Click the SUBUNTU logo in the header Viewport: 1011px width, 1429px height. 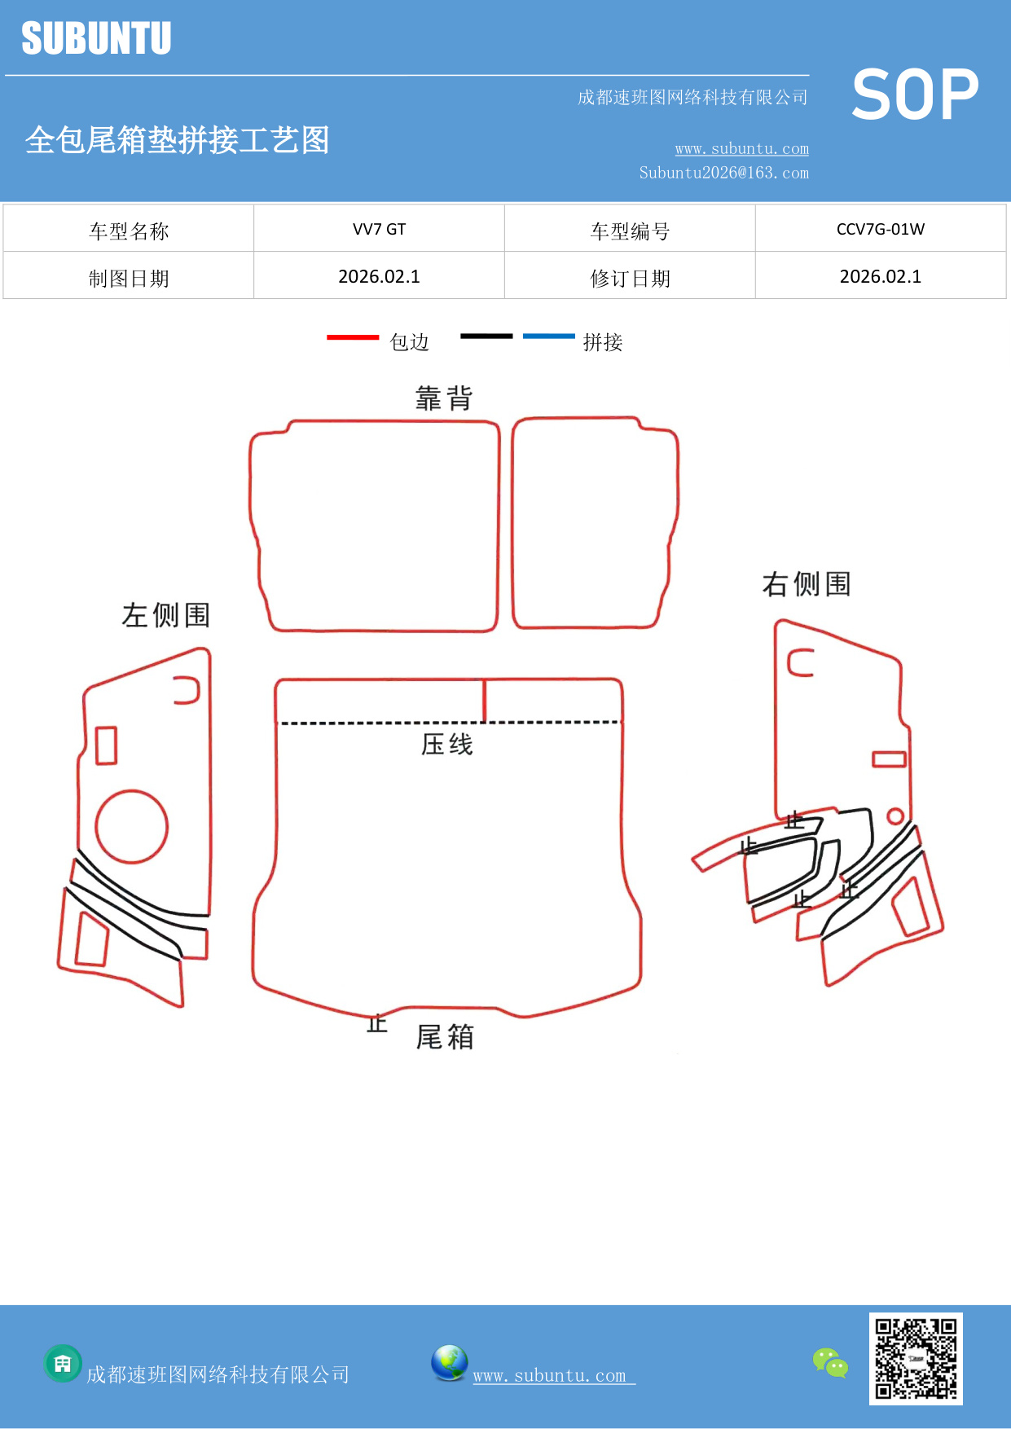pos(96,38)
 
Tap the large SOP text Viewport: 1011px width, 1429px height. pos(915,95)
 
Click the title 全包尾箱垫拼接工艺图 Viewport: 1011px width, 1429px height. pos(177,140)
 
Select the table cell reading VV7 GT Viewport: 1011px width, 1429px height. pos(379,229)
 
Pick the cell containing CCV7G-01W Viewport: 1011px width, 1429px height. pos(880,229)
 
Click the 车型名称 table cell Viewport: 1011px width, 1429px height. pos(129,231)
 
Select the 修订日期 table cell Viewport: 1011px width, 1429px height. pos(630,279)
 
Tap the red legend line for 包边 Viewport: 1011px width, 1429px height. pos(353,336)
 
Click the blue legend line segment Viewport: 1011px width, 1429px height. pos(548,336)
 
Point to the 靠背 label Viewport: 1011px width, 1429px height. pos(444,398)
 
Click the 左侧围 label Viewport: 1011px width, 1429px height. pos(166,615)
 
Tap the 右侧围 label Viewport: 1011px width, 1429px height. pos(807,584)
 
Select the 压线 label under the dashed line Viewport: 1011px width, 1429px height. pos(446,744)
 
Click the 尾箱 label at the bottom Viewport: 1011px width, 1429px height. pos(445,1037)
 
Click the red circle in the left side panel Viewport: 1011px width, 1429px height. pos(132,826)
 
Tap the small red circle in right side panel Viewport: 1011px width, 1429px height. pos(895,816)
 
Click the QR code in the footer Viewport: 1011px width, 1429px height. pos(916,1358)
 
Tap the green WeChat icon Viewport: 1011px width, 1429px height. pos(830,1362)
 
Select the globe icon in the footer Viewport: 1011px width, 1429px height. pos(449,1362)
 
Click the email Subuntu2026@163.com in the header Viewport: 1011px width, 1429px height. pos(723,173)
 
